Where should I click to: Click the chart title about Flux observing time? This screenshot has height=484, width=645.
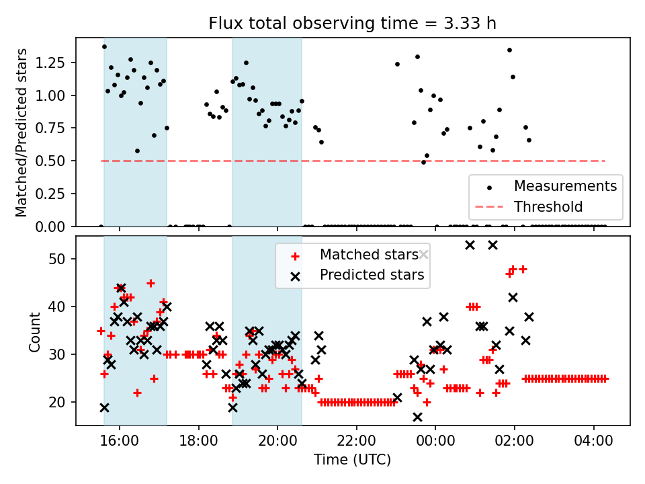point(353,24)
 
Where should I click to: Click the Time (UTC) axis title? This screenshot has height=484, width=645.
point(352,460)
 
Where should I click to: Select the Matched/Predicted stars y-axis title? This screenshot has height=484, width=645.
point(21,132)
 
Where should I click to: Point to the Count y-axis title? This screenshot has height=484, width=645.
point(34,331)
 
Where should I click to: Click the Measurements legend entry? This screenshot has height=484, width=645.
point(565,186)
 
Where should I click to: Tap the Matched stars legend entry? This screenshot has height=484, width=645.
point(368,255)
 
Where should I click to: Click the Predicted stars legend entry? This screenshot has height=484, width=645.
point(372,274)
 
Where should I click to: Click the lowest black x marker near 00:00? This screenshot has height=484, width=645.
point(417,417)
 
